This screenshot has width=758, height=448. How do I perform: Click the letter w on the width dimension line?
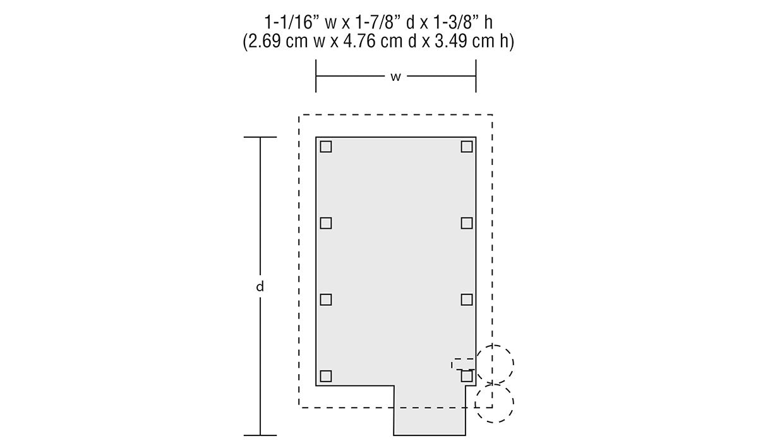395,76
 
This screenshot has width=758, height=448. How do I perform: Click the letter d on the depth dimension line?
260,286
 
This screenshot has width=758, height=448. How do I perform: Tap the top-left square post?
325,147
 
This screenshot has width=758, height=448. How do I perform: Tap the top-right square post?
466,147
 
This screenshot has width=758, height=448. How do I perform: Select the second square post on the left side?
325,223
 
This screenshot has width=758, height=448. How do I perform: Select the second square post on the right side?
466,223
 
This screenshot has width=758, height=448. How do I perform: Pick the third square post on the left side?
325,300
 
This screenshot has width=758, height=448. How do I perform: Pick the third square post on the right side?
466,300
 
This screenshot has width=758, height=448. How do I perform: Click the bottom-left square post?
325,376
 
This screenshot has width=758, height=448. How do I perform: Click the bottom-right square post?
466,376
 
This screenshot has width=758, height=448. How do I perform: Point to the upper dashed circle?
495,364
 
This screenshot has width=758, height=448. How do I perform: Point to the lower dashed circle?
495,403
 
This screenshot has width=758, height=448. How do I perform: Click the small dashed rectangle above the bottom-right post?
463,364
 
